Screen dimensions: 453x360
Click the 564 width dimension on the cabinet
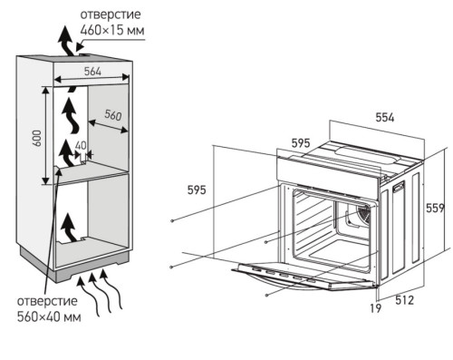tap(92, 72)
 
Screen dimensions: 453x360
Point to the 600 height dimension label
tap(36, 139)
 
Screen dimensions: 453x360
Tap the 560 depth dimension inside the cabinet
tap(113, 115)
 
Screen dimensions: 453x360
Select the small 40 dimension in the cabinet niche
tap(81, 146)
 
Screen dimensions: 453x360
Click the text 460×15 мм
tap(112, 30)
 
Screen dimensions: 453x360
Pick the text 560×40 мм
tap(49, 316)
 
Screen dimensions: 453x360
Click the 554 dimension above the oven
tap(385, 117)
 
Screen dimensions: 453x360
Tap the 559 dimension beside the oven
tap(435, 208)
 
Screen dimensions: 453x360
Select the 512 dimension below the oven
tap(405, 300)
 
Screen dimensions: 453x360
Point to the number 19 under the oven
tap(376, 308)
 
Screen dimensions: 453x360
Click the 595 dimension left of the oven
tap(197, 190)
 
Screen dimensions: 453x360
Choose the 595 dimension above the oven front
tap(301, 143)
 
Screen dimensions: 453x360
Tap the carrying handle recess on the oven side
tap(399, 187)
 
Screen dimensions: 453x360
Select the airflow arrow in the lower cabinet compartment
tap(70, 228)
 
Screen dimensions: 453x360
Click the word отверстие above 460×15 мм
tap(111, 15)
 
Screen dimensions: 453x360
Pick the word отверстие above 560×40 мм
tap(47, 301)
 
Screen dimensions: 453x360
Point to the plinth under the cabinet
tap(75, 268)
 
